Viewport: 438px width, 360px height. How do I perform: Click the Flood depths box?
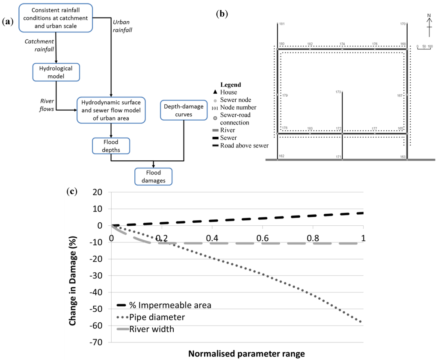(111, 145)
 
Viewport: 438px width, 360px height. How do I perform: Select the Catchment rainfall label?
(39, 46)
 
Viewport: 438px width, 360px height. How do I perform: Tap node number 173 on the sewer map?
(338, 92)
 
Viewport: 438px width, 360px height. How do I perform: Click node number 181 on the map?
(281, 24)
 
